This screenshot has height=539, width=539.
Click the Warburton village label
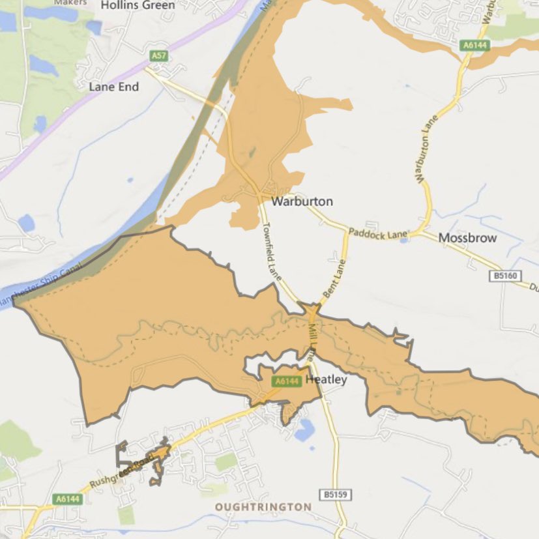click(x=302, y=201)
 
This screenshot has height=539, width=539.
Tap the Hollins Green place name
click(x=138, y=5)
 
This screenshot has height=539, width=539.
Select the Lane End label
click(x=114, y=87)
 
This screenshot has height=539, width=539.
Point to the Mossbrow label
click(x=467, y=238)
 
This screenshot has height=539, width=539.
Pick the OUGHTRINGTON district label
click(x=264, y=506)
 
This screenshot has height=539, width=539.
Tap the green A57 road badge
click(x=158, y=56)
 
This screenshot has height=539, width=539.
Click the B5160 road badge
click(x=505, y=276)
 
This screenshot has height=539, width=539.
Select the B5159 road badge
click(x=336, y=495)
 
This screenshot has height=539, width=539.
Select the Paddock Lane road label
click(x=378, y=233)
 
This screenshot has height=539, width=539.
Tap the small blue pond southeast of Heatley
click(x=303, y=431)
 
